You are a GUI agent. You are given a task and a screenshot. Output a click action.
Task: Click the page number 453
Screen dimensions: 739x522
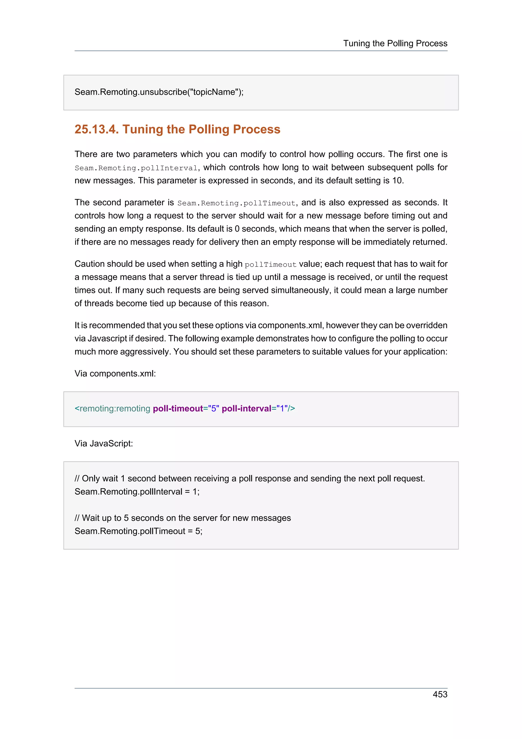coord(440,694)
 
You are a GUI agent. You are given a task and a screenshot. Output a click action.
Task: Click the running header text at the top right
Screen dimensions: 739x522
coord(395,43)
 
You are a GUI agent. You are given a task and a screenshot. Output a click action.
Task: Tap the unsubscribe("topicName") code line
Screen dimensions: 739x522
coord(159,92)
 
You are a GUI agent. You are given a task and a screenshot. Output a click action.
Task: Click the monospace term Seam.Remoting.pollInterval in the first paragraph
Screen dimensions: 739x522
coord(136,168)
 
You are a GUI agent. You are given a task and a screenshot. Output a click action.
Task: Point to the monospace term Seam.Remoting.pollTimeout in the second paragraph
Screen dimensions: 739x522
coord(236,203)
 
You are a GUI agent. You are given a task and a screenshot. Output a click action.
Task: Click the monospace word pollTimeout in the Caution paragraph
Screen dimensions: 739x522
coord(270,265)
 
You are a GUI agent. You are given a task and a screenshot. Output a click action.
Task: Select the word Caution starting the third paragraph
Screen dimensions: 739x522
coord(89,264)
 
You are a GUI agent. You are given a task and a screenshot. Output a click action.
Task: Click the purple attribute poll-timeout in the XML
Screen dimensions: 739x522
coord(178,409)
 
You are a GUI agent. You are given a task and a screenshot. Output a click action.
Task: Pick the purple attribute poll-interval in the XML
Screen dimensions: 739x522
coord(247,409)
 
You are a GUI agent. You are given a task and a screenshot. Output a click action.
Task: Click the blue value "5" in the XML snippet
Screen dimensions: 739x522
coord(214,409)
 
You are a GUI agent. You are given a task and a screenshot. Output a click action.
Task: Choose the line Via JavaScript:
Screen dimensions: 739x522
coord(103,443)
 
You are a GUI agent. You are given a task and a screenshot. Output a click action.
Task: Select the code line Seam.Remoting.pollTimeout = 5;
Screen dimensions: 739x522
coord(138,531)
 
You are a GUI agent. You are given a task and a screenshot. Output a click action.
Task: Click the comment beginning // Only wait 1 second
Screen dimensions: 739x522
coord(250,479)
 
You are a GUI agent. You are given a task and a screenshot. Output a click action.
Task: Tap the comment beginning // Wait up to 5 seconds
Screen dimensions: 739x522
coord(183,518)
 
